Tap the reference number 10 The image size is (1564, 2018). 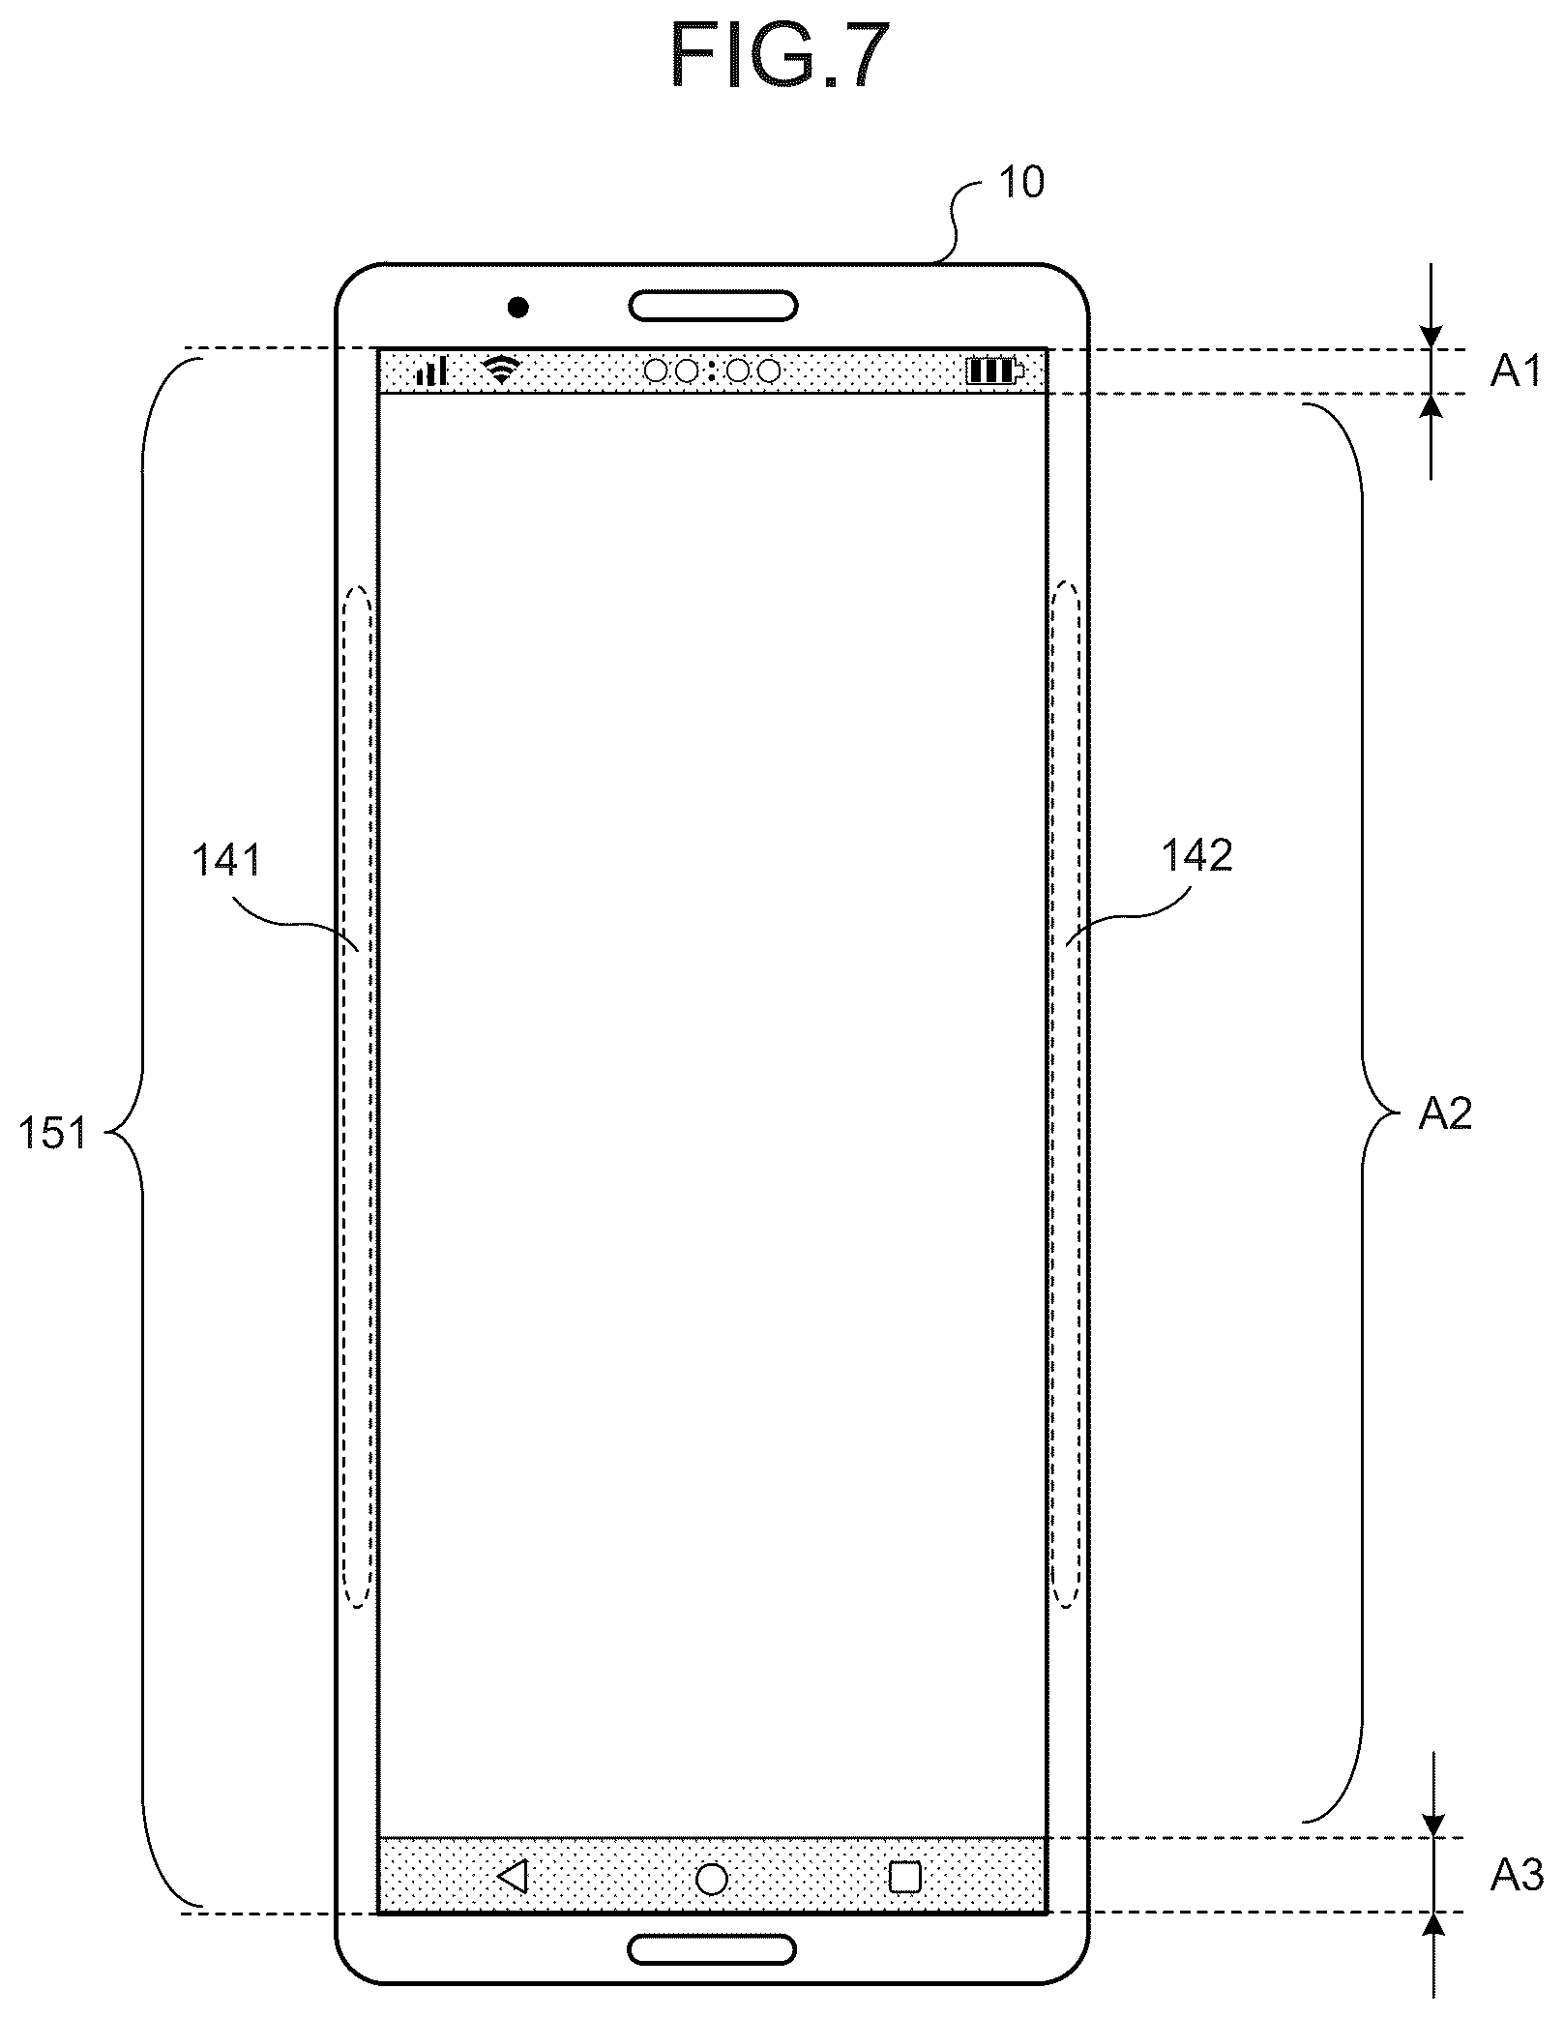point(1020,183)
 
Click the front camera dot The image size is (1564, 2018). point(518,308)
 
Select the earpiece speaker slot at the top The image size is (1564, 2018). point(713,306)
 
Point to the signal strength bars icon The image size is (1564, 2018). point(431,371)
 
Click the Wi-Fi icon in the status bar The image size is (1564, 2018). point(502,371)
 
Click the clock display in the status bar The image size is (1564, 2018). point(712,371)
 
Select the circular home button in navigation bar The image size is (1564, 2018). point(712,1878)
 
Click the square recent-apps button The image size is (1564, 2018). point(904,1877)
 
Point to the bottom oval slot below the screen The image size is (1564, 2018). point(713,1949)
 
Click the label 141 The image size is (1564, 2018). point(227,859)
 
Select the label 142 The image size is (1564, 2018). point(1196,855)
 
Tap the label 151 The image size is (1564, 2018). point(54,1132)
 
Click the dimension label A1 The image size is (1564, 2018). point(1516,371)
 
